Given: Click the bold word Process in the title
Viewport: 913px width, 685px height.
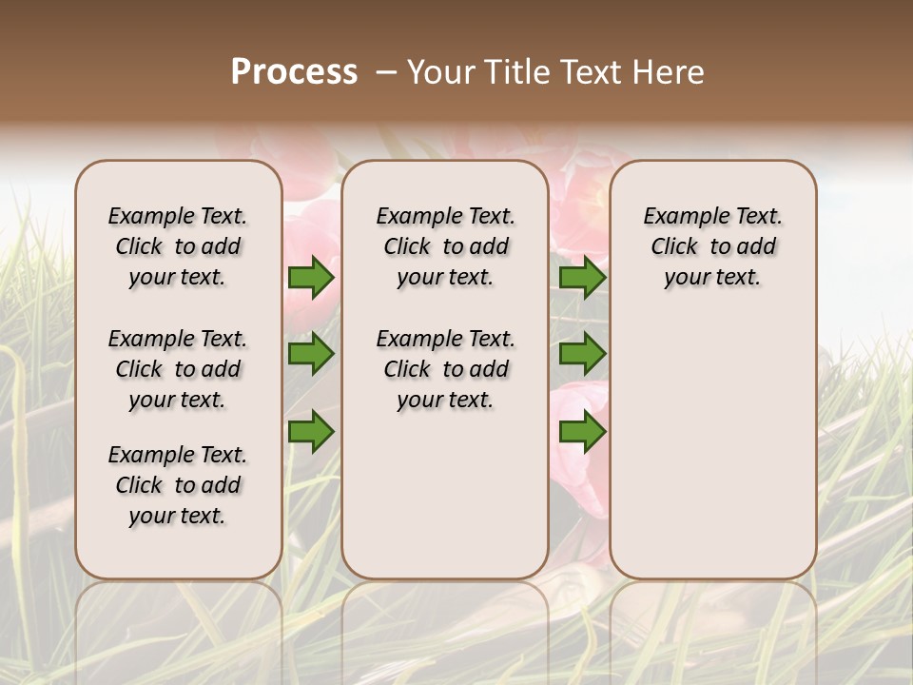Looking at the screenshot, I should pos(294,72).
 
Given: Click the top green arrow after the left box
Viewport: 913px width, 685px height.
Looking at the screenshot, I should pos(311,278).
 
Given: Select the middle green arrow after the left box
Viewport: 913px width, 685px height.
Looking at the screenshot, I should pos(311,355).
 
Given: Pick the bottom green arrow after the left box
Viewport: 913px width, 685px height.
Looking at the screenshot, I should pos(311,432).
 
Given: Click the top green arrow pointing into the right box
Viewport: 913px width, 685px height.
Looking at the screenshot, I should pos(582,278).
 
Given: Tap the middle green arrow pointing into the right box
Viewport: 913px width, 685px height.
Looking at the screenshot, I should pos(582,355).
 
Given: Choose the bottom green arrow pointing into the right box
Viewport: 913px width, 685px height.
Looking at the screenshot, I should pos(582,432).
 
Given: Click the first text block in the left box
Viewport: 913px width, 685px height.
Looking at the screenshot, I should pos(178,246).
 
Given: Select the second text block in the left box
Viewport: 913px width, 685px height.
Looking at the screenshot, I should pos(178,369).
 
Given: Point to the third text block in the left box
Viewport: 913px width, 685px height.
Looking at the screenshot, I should pos(178,485).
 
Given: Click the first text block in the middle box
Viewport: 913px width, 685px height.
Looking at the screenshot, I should pos(445,246).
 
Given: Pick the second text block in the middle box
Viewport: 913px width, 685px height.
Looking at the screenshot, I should pos(445,369).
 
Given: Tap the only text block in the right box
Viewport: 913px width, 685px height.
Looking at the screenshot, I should pos(712,246).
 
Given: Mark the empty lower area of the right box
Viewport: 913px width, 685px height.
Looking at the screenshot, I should pos(712,438).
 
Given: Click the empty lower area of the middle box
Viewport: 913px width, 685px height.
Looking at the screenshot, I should pos(445,495).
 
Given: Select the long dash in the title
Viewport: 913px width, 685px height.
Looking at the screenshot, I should pos(387,72).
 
